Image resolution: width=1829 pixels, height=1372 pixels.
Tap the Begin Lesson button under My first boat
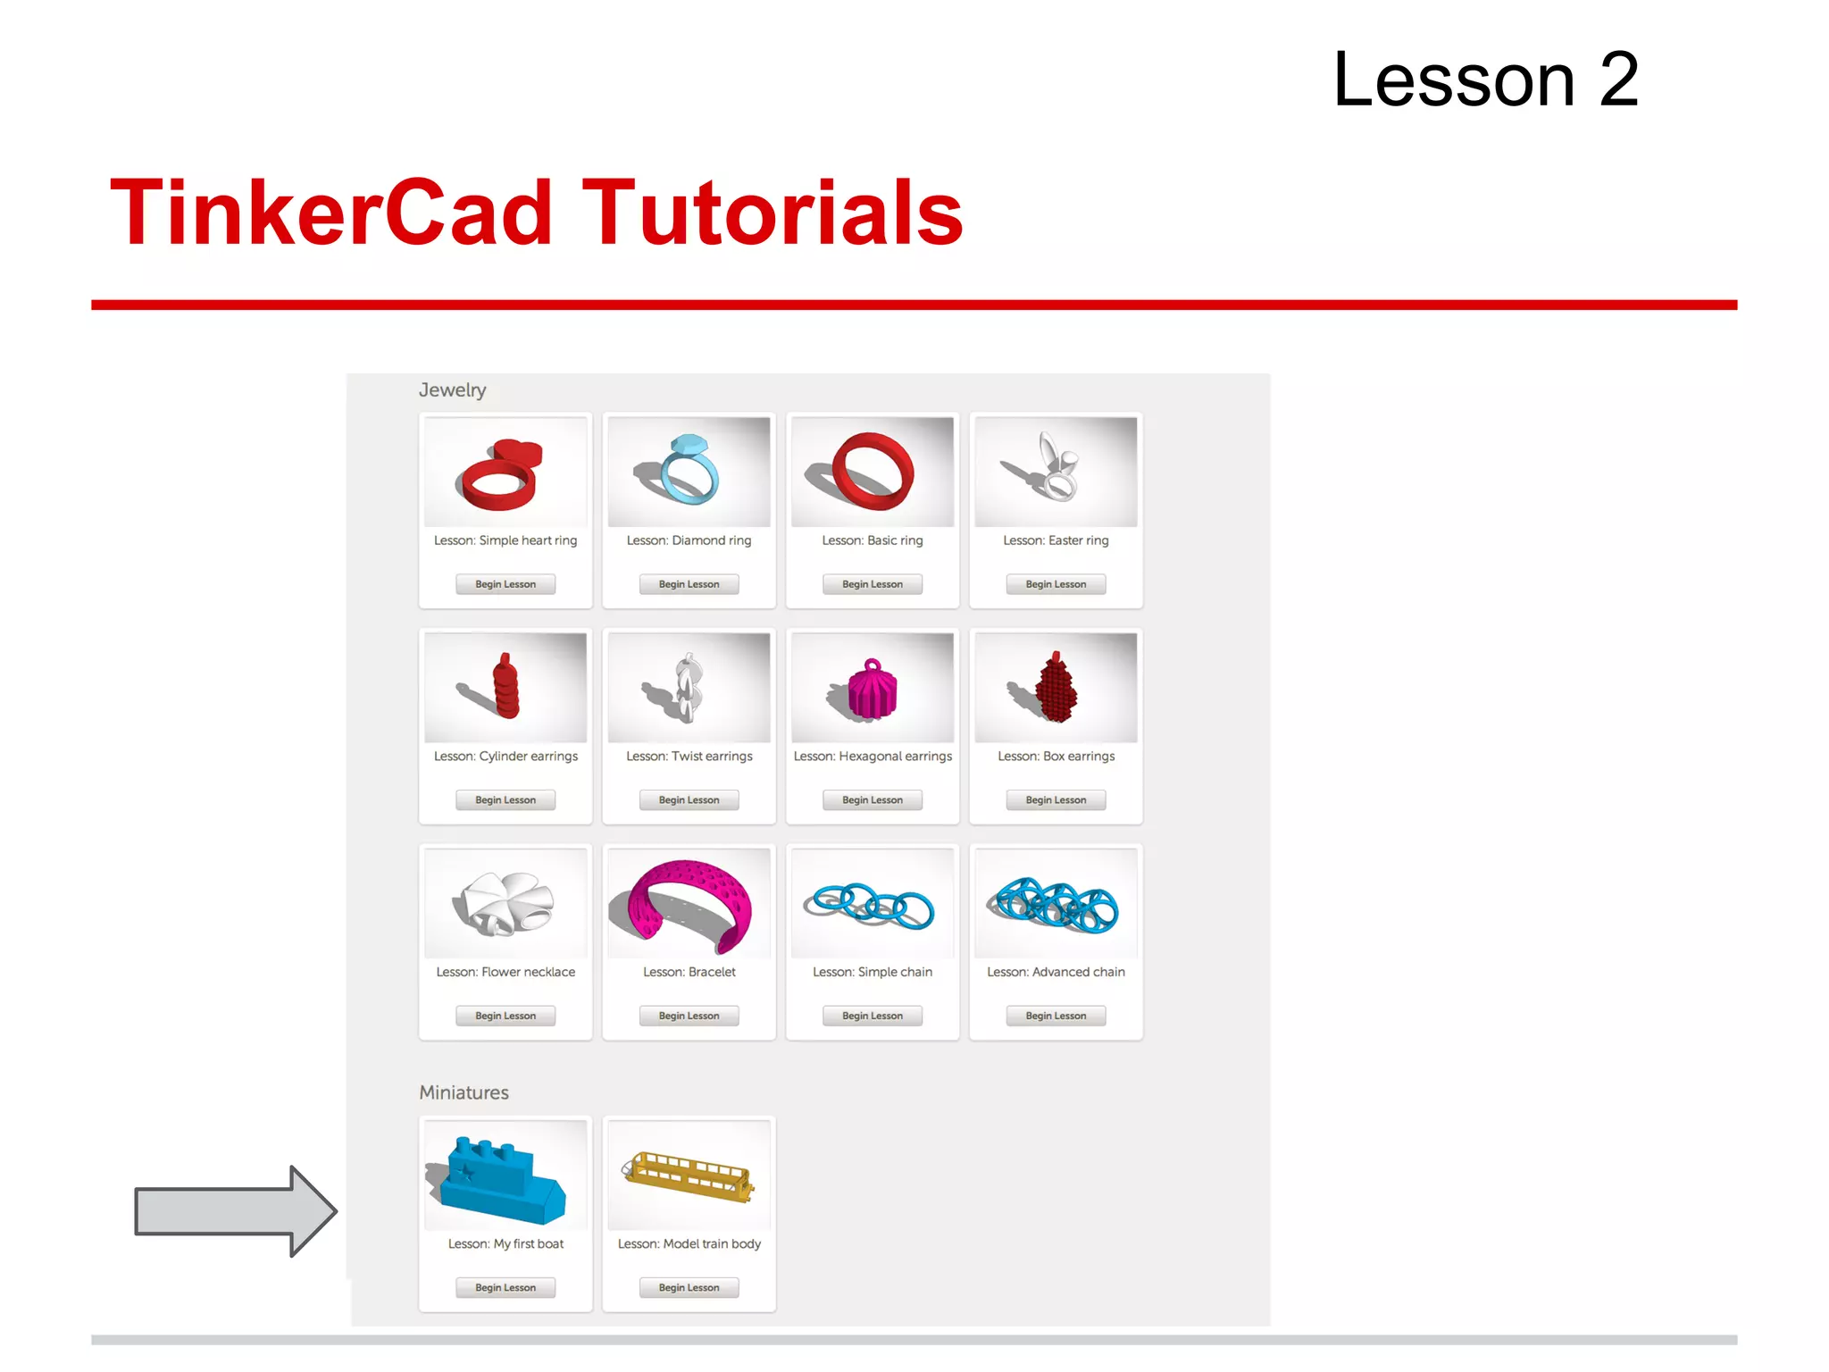click(x=505, y=1287)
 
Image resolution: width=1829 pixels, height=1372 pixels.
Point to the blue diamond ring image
click(x=689, y=471)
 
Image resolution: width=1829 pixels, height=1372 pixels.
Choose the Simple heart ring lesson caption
click(x=505, y=540)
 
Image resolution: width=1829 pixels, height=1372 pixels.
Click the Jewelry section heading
click(x=452, y=390)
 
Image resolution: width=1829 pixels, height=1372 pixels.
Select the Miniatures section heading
click(x=464, y=1092)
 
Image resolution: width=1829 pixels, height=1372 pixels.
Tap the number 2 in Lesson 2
click(x=1618, y=80)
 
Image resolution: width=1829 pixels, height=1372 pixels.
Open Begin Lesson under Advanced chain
click(x=1056, y=1016)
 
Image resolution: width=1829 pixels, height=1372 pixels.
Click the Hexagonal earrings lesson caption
click(x=873, y=757)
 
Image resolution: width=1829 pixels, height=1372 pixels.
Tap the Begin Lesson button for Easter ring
click(x=1056, y=584)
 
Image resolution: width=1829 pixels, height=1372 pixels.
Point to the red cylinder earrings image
click(x=505, y=688)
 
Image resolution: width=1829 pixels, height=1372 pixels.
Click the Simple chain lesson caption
click(x=873, y=972)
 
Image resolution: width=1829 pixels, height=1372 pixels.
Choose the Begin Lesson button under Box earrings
click(x=1056, y=800)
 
